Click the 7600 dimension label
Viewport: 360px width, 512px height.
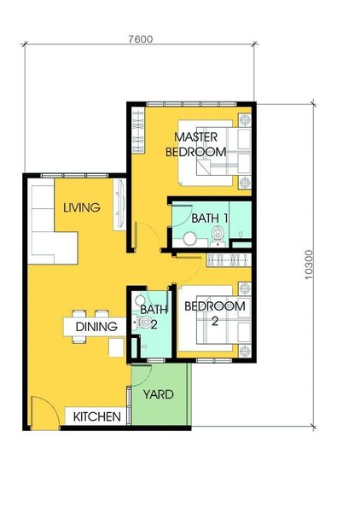(x=141, y=39)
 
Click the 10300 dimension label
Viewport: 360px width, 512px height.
(x=309, y=265)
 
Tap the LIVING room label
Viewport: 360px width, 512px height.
(x=82, y=207)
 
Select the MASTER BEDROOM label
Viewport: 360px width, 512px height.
(x=196, y=144)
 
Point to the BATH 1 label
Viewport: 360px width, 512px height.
(x=210, y=218)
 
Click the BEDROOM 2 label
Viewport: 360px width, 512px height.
(x=215, y=313)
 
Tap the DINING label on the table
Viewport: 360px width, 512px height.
(x=96, y=327)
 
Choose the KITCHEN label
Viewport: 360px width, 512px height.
(x=97, y=416)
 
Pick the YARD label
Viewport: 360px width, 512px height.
(x=159, y=394)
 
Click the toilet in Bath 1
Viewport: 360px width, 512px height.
(x=218, y=236)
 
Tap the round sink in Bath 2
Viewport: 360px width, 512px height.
(x=140, y=300)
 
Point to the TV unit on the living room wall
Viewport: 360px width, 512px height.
(x=119, y=205)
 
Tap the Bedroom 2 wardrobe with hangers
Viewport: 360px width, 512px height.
(x=229, y=260)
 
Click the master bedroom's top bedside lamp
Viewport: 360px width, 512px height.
(x=245, y=119)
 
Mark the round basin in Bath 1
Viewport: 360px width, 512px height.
(x=189, y=239)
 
